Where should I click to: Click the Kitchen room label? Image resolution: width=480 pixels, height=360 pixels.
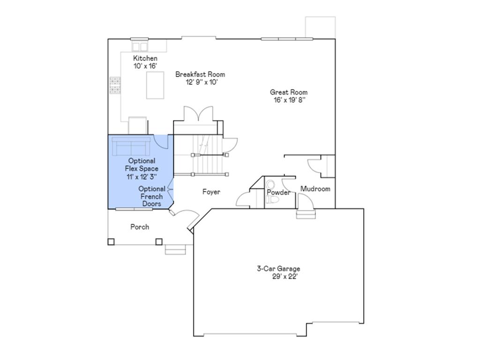point(145,58)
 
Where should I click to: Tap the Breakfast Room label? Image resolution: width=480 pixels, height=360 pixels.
point(200,74)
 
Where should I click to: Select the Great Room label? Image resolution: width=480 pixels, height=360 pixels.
point(289,92)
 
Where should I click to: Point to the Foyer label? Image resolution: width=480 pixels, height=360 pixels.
point(211,192)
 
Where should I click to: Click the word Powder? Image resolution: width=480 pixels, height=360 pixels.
point(278,193)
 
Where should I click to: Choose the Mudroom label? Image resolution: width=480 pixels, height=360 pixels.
point(315,189)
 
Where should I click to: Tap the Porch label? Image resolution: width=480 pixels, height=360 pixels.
point(140,227)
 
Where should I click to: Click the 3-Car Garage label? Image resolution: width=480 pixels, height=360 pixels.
point(278,269)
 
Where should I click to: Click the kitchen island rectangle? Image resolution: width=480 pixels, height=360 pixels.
point(155,85)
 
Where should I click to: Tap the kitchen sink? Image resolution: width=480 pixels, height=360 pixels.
point(139,46)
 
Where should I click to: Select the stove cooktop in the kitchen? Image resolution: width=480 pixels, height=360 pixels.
point(115,85)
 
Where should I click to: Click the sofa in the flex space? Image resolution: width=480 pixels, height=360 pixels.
point(130,147)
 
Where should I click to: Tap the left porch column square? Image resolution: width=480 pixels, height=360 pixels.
point(111,242)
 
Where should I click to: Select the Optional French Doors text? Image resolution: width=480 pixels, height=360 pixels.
point(152,196)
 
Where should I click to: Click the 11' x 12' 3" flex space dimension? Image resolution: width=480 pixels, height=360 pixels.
point(141,177)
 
